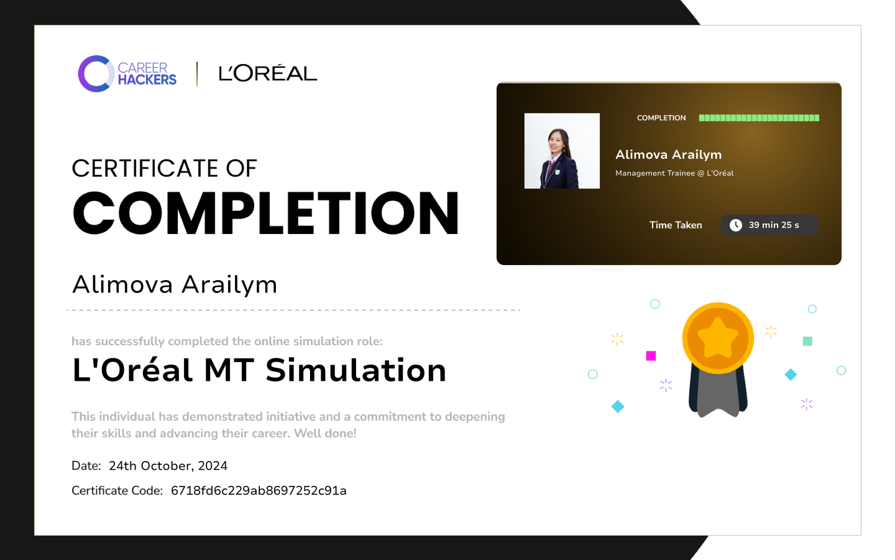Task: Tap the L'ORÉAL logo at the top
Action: coord(268,73)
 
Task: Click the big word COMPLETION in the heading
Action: coord(266,213)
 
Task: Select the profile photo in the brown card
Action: coord(562,151)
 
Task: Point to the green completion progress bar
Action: coord(759,118)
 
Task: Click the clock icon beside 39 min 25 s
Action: coord(736,225)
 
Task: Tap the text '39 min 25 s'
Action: coord(774,225)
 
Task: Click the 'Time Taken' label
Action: coord(676,225)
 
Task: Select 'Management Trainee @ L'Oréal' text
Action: coord(674,173)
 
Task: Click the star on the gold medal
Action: coord(718,338)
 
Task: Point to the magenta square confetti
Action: coord(651,356)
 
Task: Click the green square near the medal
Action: coord(807,341)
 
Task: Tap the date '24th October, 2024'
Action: coord(168,466)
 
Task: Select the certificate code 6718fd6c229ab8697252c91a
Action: coord(259,491)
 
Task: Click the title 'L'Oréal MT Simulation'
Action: coord(259,370)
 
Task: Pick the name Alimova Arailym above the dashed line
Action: coord(175,285)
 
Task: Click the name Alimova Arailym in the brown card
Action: coord(669,154)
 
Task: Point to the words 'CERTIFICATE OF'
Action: coord(164,169)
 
